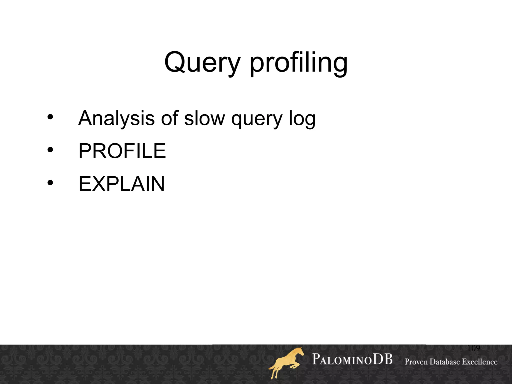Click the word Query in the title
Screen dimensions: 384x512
202,63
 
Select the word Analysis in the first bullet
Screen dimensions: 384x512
116,118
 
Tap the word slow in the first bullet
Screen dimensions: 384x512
204,118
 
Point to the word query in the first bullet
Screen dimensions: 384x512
257,119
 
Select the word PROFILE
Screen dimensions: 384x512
122,151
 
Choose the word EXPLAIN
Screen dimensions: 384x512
121,184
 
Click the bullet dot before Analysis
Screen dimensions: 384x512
50,117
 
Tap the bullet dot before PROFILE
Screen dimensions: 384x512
50,150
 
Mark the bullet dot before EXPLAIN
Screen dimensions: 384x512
50,183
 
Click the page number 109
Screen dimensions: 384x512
473,348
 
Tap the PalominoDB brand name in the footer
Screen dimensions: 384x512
352,360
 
